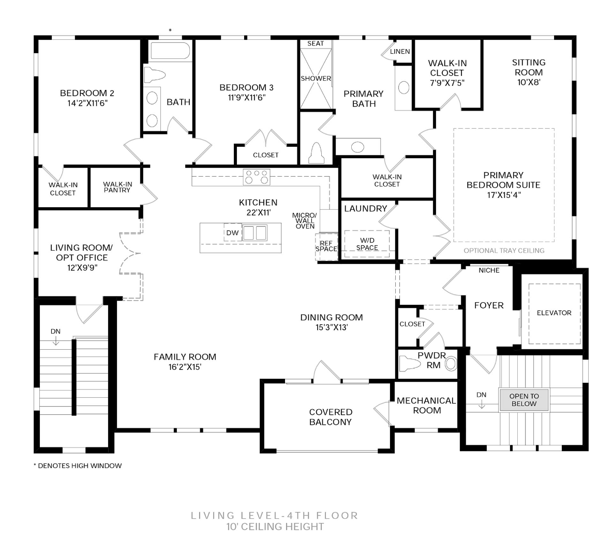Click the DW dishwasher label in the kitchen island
(232, 233)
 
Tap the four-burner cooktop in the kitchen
(257, 177)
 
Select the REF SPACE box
(326, 246)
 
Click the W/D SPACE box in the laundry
(367, 244)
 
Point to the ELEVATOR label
(554, 313)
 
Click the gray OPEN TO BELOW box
(524, 400)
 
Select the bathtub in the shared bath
(170, 52)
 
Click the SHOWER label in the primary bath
(316, 79)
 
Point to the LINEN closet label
(400, 52)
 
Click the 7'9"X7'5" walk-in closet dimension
(447, 83)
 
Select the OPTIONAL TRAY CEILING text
(504, 251)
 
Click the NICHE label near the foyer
(489, 270)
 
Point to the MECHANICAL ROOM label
(426, 406)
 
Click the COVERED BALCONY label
(331, 417)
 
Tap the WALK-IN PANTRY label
(117, 187)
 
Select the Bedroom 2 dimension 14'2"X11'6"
(87, 103)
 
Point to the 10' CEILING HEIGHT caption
(275, 527)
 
